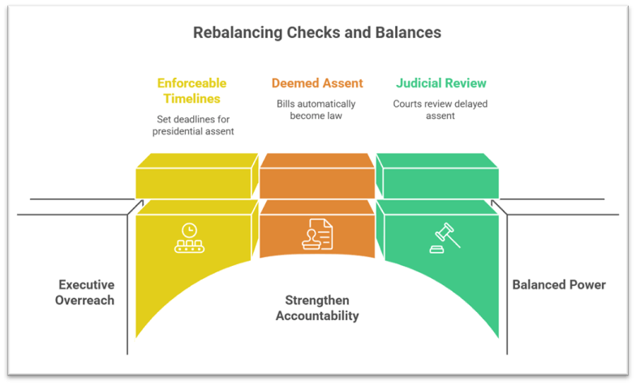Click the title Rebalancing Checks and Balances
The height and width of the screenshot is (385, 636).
pyautogui.click(x=317, y=33)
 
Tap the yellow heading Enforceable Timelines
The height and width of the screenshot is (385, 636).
pyautogui.click(x=192, y=90)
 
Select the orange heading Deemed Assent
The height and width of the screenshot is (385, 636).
pyautogui.click(x=316, y=83)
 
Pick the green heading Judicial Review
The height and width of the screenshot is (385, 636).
pyautogui.click(x=441, y=83)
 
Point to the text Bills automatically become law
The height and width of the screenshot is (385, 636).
pyautogui.click(x=316, y=110)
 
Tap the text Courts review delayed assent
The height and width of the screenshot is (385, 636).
pyautogui.click(x=440, y=110)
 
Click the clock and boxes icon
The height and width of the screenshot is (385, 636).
pyautogui.click(x=190, y=237)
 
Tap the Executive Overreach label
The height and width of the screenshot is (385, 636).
pyautogui.click(x=86, y=293)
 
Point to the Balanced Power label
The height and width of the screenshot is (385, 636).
pyautogui.click(x=559, y=284)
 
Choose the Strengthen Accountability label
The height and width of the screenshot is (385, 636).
pyautogui.click(x=317, y=308)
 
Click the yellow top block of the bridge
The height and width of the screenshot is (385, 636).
pyautogui.click(x=195, y=177)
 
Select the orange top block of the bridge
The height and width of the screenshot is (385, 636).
pyautogui.click(x=316, y=177)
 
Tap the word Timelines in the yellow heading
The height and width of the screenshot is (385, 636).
pyautogui.click(x=192, y=98)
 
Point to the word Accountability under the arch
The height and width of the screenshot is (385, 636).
pyautogui.click(x=317, y=316)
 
